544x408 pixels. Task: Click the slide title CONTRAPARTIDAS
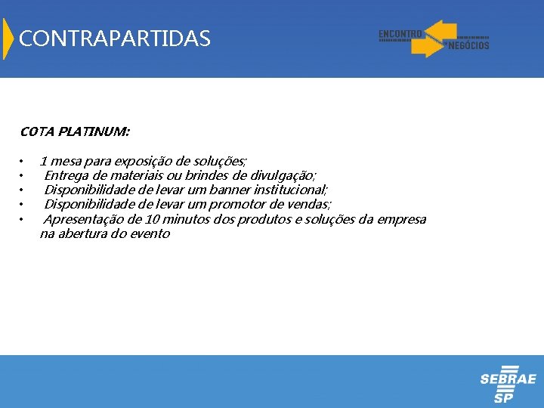pyautogui.click(x=115, y=39)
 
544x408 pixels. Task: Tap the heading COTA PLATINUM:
pyautogui.click(x=75, y=131)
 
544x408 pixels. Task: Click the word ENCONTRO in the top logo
pyautogui.click(x=400, y=34)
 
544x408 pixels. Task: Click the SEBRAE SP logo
pyautogui.click(x=508, y=385)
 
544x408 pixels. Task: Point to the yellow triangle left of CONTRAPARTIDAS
pyautogui.click(x=8, y=39)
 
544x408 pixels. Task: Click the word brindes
pyautogui.click(x=208, y=175)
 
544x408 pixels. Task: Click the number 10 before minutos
pyautogui.click(x=151, y=219)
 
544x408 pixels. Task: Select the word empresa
pyautogui.click(x=400, y=220)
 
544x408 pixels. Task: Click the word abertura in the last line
pyautogui.click(x=85, y=233)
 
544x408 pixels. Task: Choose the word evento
pyautogui.click(x=151, y=233)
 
